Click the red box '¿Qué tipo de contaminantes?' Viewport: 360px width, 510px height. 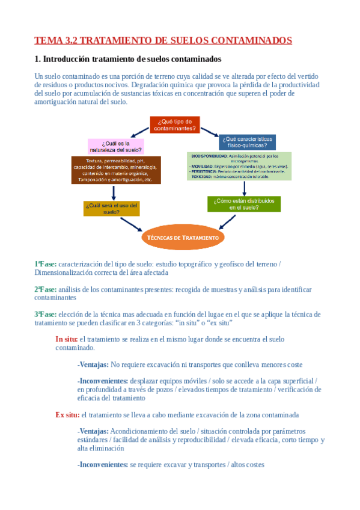[x=174, y=124]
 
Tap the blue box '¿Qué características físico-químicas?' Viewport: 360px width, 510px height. [x=246, y=142]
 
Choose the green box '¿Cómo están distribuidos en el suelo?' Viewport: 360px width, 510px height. [x=243, y=204]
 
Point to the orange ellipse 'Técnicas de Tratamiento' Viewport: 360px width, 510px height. [x=183, y=238]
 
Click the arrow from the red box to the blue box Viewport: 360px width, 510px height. [x=209, y=131]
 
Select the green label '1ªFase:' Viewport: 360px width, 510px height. [x=46, y=263]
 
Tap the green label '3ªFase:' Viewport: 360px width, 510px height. [x=46, y=314]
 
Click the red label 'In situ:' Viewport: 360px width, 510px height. [x=66, y=339]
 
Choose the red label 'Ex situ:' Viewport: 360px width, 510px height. [x=67, y=415]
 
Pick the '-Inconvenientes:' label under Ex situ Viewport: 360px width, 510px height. [x=102, y=464]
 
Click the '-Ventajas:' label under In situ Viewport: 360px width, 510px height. [x=93, y=364]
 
